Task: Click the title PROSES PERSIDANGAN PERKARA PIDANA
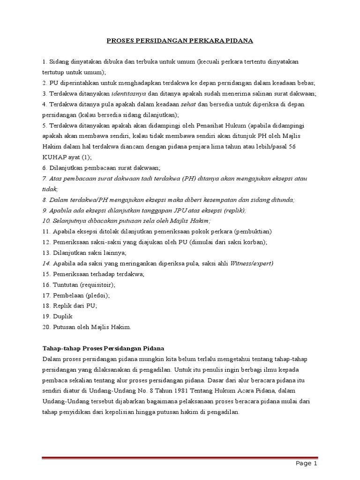(x=180, y=41)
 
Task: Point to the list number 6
(x=45, y=168)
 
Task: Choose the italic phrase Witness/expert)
(x=252, y=263)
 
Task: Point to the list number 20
(x=46, y=327)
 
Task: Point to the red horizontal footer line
(x=180, y=457)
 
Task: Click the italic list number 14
(x=46, y=263)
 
